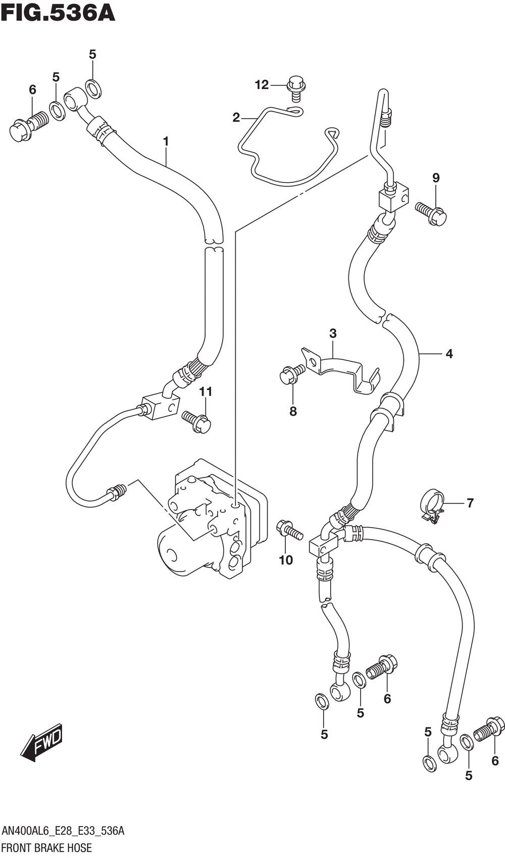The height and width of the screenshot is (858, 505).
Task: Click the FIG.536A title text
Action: tap(58, 12)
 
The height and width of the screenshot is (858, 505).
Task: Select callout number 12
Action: tap(262, 85)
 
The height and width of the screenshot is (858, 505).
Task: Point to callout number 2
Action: tap(236, 118)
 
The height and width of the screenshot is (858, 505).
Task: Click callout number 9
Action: tap(436, 178)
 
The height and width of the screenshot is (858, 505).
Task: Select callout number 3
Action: tap(332, 333)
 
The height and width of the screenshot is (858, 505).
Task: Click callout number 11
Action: tap(206, 392)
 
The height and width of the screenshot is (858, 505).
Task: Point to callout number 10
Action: tap(286, 560)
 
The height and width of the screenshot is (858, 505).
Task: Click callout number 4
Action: tap(449, 354)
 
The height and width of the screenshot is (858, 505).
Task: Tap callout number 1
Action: tap(166, 142)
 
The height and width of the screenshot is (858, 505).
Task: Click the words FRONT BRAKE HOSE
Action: tap(47, 847)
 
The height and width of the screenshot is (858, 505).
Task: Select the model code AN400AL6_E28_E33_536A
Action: tap(63, 831)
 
